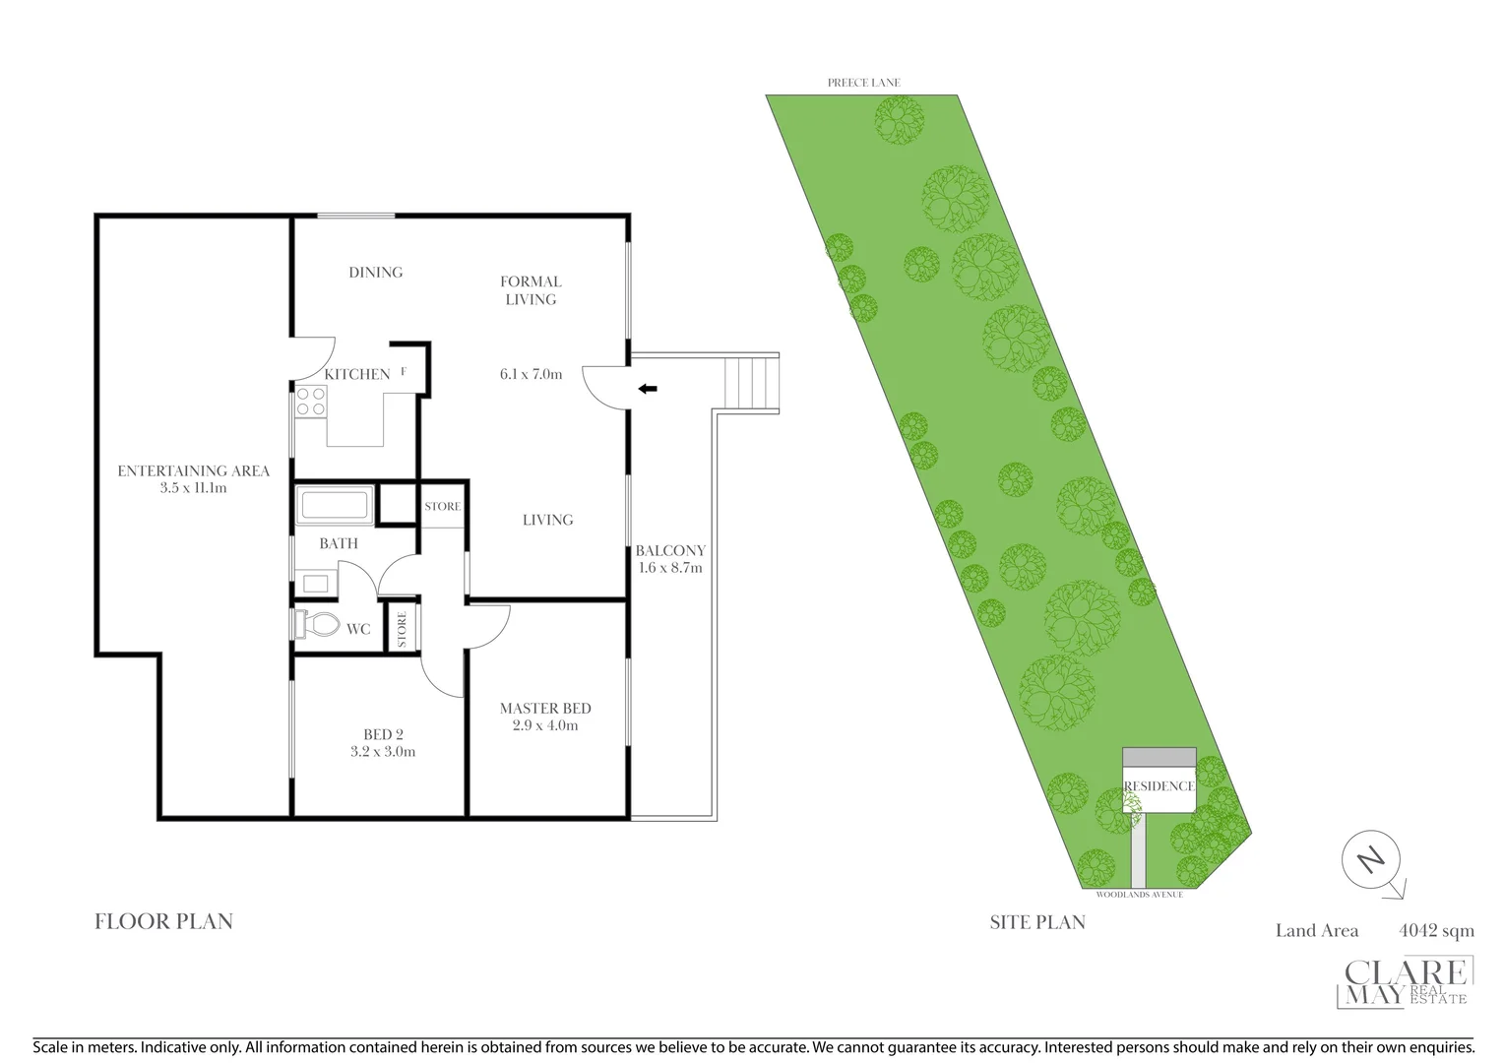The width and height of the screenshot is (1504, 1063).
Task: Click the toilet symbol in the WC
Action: pos(317,624)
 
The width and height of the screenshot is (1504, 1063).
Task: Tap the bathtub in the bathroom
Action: pos(335,505)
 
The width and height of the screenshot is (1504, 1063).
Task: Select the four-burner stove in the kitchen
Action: pos(312,402)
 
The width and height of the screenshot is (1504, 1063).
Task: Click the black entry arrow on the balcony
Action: pos(648,389)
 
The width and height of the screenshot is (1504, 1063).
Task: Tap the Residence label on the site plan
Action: pos(1159,785)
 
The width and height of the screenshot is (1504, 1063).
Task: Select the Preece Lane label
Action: pos(863,83)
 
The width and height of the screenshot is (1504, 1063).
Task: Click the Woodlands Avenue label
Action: pos(1139,894)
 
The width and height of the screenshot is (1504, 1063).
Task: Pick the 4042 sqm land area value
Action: pos(1436,930)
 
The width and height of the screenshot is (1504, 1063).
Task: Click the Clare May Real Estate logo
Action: pos(1407,982)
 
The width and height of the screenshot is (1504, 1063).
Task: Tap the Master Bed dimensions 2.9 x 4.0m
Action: pos(545,725)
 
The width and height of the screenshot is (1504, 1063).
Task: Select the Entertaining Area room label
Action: pos(193,470)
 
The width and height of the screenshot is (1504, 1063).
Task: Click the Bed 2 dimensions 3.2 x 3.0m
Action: pos(383,751)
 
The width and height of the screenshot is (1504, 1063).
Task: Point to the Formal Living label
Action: pos(531,290)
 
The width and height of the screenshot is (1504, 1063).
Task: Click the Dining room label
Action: pos(375,273)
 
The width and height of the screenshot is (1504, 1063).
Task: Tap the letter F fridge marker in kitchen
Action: pos(404,372)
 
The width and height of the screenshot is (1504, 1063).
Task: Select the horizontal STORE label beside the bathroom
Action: pos(442,506)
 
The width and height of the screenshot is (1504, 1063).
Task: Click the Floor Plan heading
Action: pos(163,921)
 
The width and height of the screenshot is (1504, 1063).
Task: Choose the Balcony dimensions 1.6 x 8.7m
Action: pos(669,567)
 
